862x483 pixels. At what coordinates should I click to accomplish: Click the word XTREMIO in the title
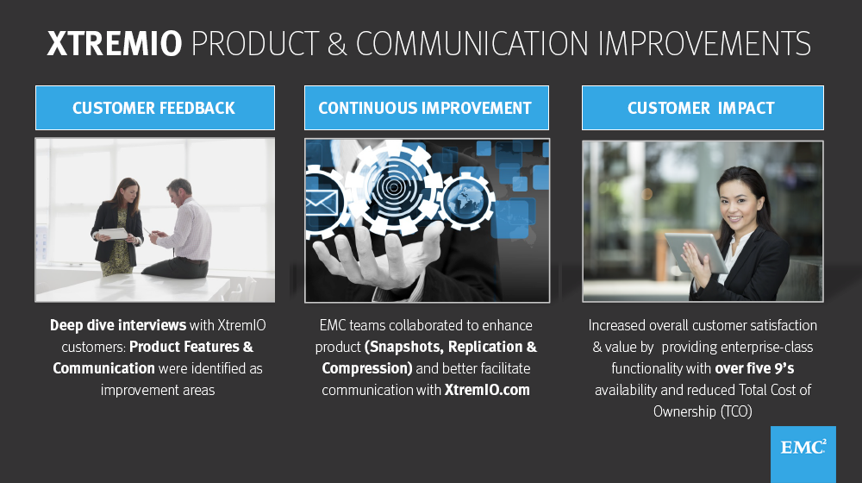coord(115,43)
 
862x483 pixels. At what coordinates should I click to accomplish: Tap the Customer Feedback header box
coord(155,108)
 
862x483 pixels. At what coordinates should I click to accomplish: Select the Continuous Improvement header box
coord(427,108)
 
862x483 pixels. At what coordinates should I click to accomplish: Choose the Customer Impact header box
coord(703,108)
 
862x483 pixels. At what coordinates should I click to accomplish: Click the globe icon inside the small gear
coord(465,201)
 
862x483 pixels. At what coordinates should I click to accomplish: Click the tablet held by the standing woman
coord(115,233)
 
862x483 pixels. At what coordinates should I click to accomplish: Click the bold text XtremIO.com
coord(487,390)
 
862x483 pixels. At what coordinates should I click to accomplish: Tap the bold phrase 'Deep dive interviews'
coord(118,325)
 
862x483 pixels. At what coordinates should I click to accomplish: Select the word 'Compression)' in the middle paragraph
coord(367,368)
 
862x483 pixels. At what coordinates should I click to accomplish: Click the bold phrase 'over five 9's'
coord(754,368)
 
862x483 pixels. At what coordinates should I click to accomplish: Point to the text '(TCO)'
coord(736,411)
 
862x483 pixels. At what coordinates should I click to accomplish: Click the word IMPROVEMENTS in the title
coord(704,43)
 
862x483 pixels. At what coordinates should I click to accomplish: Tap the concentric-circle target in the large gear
coord(394,187)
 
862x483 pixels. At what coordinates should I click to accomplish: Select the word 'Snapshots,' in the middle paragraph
coord(404,347)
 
